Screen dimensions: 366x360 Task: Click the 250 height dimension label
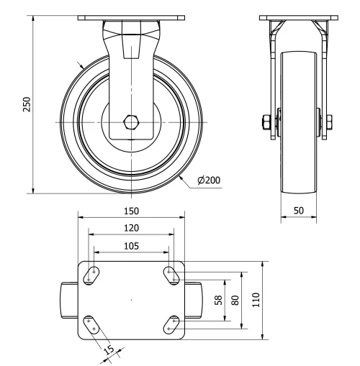[27, 104]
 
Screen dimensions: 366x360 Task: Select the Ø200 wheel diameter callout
[208, 180]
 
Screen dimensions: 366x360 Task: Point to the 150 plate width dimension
[131, 211]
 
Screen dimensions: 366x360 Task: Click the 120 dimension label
[131, 228]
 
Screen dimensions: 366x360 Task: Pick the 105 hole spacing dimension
[131, 245]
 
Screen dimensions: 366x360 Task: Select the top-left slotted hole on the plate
[93, 274]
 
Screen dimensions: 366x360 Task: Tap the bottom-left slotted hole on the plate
[92, 324]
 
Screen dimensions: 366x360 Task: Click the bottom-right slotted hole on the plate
[171, 324]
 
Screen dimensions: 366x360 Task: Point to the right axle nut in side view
[330, 120]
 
